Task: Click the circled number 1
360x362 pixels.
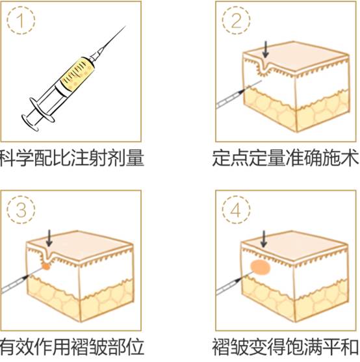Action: coord(21,20)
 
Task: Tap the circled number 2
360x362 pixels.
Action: coord(237,20)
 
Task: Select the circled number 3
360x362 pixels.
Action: coord(21,210)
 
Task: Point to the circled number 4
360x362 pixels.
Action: coord(237,210)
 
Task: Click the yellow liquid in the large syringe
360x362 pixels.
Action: coord(77,73)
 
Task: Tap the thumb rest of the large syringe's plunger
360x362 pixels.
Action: coord(29,122)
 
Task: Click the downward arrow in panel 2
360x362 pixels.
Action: coord(266,49)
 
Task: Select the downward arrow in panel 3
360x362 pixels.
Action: coord(49,238)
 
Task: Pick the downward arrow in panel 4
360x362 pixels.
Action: coord(264,239)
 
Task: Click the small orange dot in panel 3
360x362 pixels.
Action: coord(46,266)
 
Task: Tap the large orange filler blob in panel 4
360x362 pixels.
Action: coord(261,267)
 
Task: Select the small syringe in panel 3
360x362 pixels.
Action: coord(23,281)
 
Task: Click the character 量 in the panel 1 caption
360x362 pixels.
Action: coord(135,158)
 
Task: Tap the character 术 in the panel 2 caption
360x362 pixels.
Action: coord(350,158)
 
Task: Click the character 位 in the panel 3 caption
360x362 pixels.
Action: coord(135,347)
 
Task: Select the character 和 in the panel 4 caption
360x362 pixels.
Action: coord(350,347)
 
